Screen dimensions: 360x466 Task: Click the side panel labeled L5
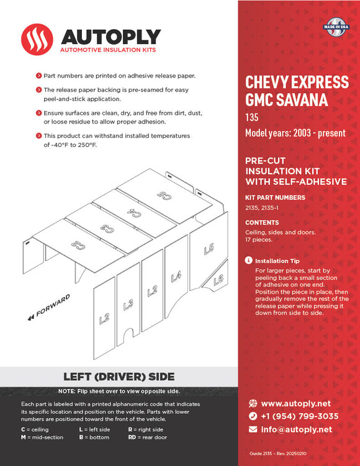(x=209, y=250)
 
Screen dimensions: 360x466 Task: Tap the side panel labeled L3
(x=128, y=303)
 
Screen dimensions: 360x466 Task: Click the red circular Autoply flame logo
(x=37, y=39)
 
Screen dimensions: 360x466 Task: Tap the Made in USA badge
(x=335, y=28)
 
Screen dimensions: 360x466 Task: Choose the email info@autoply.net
(x=296, y=429)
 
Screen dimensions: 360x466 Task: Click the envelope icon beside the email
(x=253, y=429)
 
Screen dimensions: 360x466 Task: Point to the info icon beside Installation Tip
(x=249, y=261)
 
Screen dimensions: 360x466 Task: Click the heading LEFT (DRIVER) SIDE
(x=119, y=377)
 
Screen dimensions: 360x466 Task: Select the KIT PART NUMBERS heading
(x=275, y=198)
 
